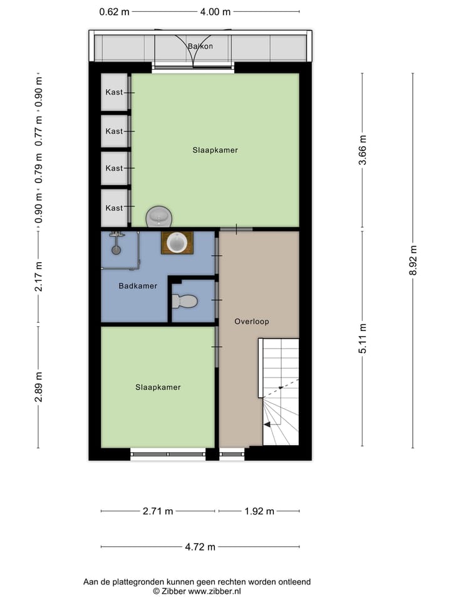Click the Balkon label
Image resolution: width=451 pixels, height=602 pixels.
coord(200,46)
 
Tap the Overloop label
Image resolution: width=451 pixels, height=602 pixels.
coord(251,321)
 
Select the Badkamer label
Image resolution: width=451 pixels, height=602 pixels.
coord(138,286)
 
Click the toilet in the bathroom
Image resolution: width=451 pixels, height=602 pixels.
coord(185,302)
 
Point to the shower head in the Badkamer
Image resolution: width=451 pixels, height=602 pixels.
coord(115,249)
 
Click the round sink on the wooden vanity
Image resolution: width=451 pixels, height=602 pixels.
coord(177,242)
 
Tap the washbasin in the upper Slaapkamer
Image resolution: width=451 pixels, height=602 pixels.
coord(159,218)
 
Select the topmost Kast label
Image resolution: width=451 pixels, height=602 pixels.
coord(114,92)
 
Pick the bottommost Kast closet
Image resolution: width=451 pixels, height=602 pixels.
coord(115,208)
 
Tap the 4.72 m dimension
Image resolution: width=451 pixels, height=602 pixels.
coord(200,547)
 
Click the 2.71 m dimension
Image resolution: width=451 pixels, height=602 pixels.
coord(158,511)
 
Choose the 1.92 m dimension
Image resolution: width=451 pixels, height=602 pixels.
coord(259,511)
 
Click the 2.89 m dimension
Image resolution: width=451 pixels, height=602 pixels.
coord(38,388)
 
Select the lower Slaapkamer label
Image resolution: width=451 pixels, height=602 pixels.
coord(158,387)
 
